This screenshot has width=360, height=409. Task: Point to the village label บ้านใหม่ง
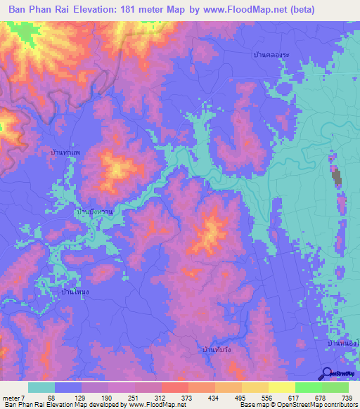pos(75,290)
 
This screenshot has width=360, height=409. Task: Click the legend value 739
pos(346,398)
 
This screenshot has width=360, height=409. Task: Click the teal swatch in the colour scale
pos(41,387)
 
